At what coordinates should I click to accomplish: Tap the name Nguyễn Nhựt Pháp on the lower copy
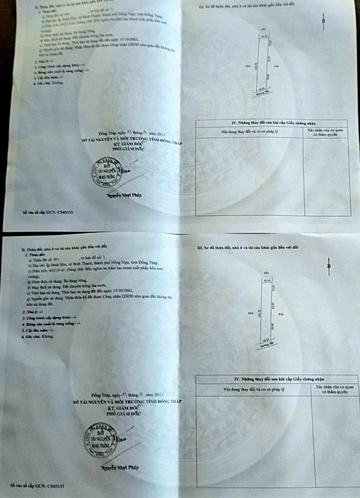(x=120, y=467)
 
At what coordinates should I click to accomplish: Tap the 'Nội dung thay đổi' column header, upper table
(x=249, y=132)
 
